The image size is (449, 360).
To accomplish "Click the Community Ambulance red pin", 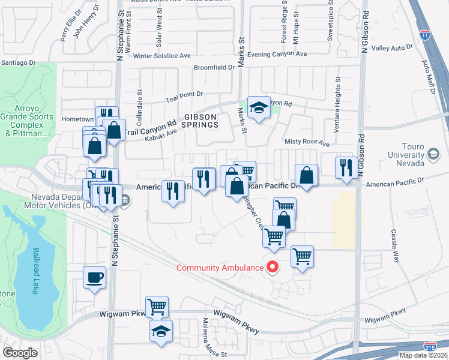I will point(273,266).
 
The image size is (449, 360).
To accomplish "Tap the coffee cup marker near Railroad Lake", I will point(94,277).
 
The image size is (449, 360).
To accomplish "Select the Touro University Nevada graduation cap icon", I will point(433,154).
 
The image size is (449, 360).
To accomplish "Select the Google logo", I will point(20,353).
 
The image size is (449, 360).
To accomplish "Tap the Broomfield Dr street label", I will point(214,68).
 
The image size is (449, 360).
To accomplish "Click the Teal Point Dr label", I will point(184,94).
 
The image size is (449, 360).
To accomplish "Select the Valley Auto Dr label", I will point(393,47).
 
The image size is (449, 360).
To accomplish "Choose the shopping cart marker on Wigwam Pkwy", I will point(157,307).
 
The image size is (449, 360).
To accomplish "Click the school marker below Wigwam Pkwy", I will point(161,331).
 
